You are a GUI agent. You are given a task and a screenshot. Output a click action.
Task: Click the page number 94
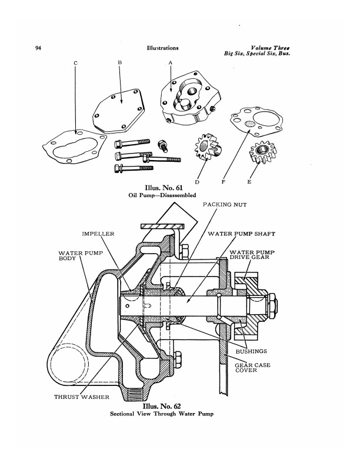tap(38, 48)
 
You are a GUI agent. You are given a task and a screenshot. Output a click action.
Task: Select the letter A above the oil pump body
tap(171, 63)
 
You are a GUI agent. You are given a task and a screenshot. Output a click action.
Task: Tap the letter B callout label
tap(119, 62)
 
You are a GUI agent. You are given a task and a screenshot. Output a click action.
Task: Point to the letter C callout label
tap(75, 63)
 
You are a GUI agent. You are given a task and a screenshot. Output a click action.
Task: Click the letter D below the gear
tap(197, 182)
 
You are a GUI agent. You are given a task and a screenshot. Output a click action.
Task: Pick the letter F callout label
tap(223, 182)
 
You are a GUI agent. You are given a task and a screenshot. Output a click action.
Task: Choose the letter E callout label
tap(249, 182)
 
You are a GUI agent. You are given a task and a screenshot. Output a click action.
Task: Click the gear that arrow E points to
tap(263, 152)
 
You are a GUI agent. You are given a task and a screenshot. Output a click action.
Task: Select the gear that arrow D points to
tap(208, 147)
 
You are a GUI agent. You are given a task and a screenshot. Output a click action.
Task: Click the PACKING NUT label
tap(225, 205)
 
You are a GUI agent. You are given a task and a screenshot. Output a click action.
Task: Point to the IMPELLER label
tap(98, 234)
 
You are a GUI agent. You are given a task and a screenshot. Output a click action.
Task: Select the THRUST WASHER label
tap(82, 397)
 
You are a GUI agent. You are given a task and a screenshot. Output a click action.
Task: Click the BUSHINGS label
tap(251, 351)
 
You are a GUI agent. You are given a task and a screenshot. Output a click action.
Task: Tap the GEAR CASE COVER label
tap(252, 368)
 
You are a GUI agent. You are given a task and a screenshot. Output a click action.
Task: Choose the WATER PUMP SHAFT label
tap(242, 234)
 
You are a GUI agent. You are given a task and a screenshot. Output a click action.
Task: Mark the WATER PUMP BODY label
tap(81, 255)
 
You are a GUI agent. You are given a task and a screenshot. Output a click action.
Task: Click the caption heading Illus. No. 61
tap(164, 188)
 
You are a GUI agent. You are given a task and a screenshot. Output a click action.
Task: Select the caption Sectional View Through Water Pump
tap(162, 414)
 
